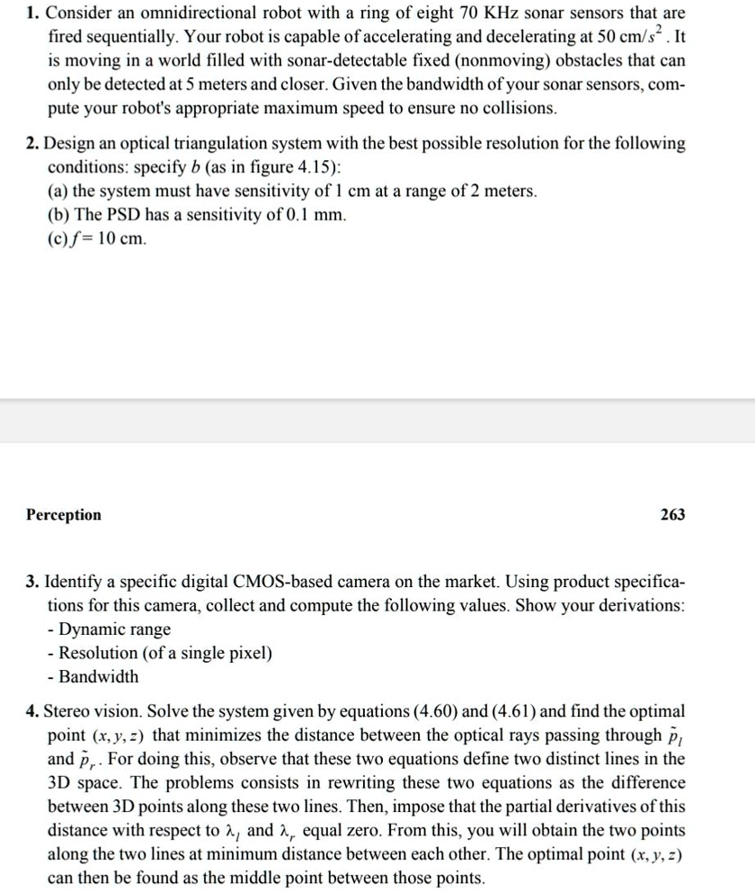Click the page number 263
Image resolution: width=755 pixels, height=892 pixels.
[x=671, y=514]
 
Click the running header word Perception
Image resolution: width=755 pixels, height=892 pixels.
[x=64, y=514]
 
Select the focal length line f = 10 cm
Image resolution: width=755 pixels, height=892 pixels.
[x=100, y=238]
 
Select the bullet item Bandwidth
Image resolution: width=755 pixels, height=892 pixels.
[x=99, y=675]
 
